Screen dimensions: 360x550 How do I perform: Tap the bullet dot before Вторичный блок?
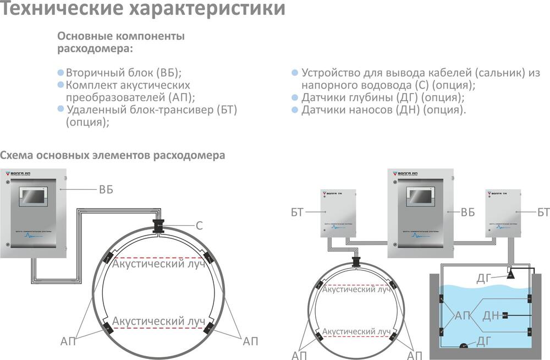[61, 73]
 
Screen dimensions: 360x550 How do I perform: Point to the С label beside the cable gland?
[200, 225]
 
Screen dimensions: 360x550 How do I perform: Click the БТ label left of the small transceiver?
[297, 212]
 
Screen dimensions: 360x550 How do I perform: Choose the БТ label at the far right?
[543, 212]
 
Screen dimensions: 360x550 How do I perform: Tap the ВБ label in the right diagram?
[468, 212]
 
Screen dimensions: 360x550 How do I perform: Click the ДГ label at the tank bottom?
[483, 342]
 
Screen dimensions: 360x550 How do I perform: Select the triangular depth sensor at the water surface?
[510, 273]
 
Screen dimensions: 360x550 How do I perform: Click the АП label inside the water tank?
[463, 315]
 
